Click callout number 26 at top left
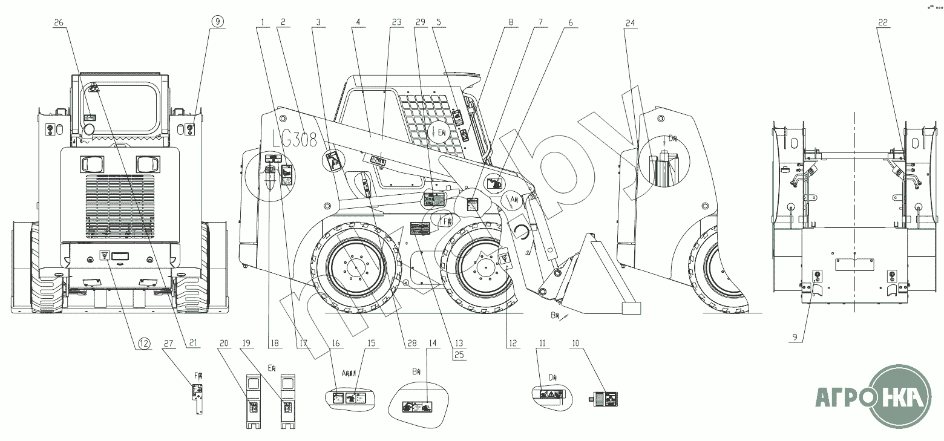59,22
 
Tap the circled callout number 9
217,21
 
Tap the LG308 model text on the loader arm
295,140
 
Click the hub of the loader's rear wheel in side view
356,264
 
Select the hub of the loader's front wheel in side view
483,264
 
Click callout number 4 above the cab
358,22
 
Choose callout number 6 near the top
569,22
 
